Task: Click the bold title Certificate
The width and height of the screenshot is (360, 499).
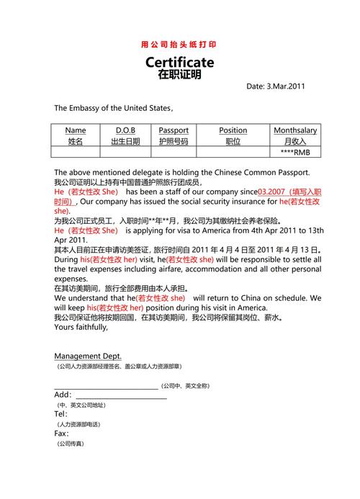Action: coord(179,62)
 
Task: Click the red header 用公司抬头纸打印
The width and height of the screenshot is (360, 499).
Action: coord(179,45)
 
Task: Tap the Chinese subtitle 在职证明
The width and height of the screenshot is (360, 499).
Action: coord(179,74)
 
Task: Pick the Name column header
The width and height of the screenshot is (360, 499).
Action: coord(76,130)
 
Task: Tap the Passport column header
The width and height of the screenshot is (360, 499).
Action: coord(174,130)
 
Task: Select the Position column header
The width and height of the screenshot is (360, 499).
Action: coord(233,130)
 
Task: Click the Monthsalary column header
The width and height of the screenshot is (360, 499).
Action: coord(294,130)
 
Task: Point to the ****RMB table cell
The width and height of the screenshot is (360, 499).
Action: coord(294,153)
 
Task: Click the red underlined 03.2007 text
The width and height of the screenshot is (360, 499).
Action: coord(271,192)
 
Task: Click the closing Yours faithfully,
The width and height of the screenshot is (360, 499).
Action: coord(81,326)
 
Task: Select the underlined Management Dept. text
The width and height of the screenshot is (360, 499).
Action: coord(88,356)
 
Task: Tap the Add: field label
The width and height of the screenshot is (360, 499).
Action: coord(63,395)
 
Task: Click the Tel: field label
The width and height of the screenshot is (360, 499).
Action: coord(61,414)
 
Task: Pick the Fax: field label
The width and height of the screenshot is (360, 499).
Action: coord(62,433)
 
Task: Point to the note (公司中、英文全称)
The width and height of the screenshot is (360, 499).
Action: coord(185,386)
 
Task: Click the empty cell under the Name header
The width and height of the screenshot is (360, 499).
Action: coord(76,153)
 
